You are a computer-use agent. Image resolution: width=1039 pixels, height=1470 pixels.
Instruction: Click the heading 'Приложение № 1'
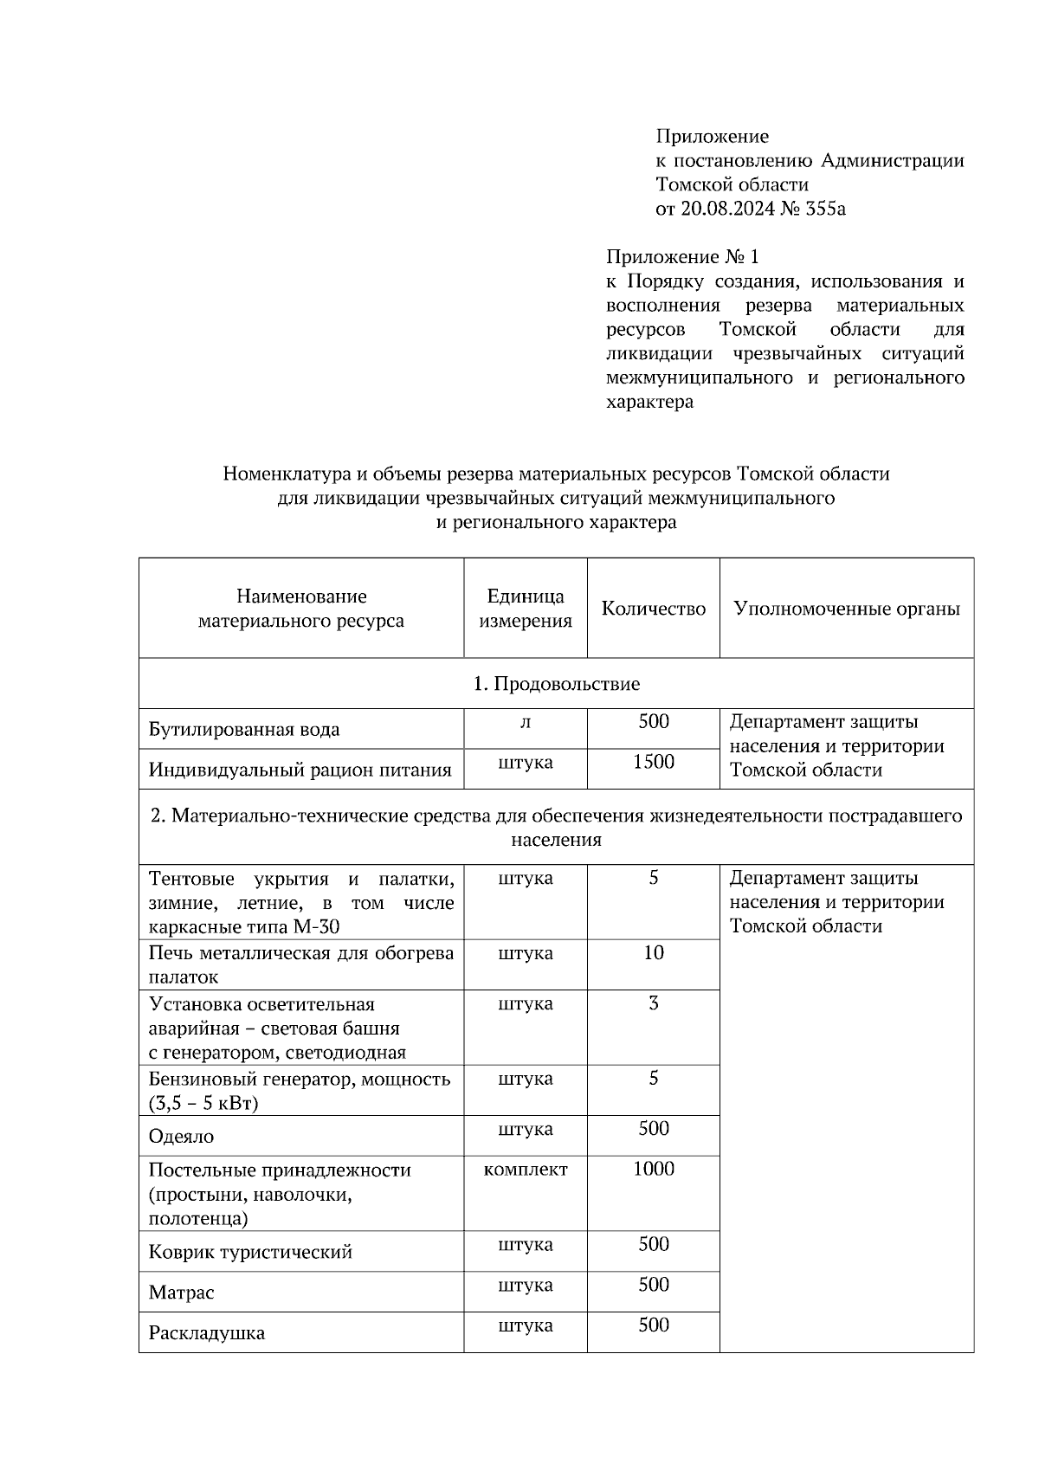682,257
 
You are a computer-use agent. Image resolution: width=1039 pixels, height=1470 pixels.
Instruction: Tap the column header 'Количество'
654,609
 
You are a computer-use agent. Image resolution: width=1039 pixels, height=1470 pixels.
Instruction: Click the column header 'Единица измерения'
526,609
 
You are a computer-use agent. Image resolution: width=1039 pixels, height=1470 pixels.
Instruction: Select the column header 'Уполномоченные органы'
846,609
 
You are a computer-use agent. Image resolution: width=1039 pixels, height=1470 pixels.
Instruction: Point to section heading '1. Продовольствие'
556,684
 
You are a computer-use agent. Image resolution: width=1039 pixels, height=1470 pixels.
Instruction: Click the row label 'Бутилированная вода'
244,729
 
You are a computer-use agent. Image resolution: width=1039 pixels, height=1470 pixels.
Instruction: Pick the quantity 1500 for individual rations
654,762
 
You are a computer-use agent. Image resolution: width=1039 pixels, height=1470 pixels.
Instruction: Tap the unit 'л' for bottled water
526,722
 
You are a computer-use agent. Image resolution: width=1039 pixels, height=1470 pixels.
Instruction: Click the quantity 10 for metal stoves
654,953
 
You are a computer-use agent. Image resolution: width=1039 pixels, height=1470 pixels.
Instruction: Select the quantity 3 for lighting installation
654,1004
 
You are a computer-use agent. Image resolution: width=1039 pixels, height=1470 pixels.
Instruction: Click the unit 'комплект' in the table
526,1170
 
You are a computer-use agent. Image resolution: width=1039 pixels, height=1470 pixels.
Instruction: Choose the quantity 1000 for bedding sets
654,1170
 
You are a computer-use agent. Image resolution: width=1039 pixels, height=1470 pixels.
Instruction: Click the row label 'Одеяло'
181,1137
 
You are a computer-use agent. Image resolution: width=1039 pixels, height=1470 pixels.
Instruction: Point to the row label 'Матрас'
181,1293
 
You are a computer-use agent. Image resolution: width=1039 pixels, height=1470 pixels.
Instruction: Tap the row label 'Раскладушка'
207,1333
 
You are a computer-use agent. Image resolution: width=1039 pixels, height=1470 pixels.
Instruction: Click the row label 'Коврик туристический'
250,1252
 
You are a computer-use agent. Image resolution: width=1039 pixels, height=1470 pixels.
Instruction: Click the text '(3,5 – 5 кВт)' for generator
204,1104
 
